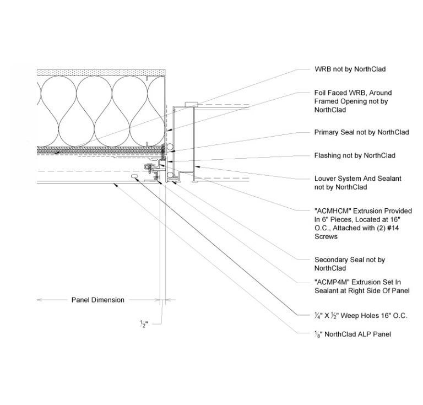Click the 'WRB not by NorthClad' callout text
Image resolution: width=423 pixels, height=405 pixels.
click(x=350, y=69)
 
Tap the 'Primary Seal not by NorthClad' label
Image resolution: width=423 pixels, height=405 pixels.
click(x=361, y=132)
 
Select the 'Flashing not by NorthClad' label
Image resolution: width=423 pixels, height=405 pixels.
click(x=355, y=155)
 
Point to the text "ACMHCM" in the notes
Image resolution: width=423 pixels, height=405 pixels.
click(x=333, y=211)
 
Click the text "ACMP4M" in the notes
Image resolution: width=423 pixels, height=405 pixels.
click(x=332, y=282)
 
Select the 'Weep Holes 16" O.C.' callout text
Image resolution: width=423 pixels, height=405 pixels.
click(x=374, y=316)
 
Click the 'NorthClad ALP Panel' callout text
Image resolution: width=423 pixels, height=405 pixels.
click(x=357, y=334)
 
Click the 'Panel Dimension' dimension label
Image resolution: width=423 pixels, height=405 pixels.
click(x=98, y=300)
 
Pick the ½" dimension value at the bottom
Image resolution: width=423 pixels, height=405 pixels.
click(x=144, y=324)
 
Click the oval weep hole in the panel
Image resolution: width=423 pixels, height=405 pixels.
click(x=134, y=176)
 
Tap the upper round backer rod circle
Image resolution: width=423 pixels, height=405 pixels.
click(x=170, y=147)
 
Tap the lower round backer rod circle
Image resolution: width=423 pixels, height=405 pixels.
click(x=170, y=175)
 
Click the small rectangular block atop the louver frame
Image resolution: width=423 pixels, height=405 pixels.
click(x=192, y=104)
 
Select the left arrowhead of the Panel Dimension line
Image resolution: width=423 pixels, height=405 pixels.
click(x=39, y=300)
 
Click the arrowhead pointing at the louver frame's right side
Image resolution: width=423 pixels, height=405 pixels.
click(x=197, y=166)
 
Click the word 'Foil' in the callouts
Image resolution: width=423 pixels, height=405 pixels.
click(x=320, y=93)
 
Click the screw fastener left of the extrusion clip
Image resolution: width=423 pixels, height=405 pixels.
click(x=148, y=167)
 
